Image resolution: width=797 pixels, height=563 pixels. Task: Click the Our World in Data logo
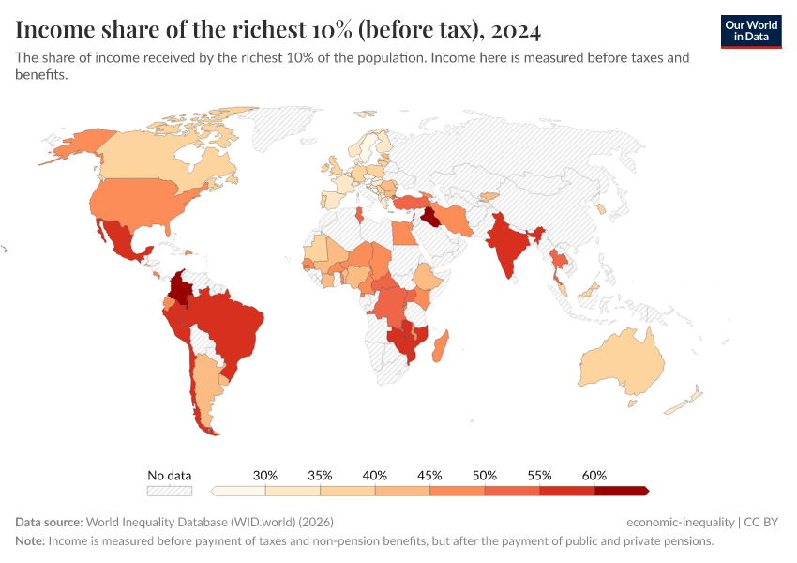tap(751, 31)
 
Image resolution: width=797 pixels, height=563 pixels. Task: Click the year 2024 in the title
tap(514, 30)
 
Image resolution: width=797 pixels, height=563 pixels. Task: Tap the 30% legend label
tap(265, 476)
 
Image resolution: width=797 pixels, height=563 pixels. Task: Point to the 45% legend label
tap(429, 476)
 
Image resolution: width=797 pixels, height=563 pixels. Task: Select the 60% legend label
tap(594, 476)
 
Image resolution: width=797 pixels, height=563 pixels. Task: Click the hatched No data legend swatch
tap(169, 491)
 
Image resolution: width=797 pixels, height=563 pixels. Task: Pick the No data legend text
tap(169, 476)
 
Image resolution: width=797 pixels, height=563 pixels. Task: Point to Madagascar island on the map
tap(440, 343)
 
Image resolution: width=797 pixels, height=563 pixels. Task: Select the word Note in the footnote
tap(29, 541)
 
